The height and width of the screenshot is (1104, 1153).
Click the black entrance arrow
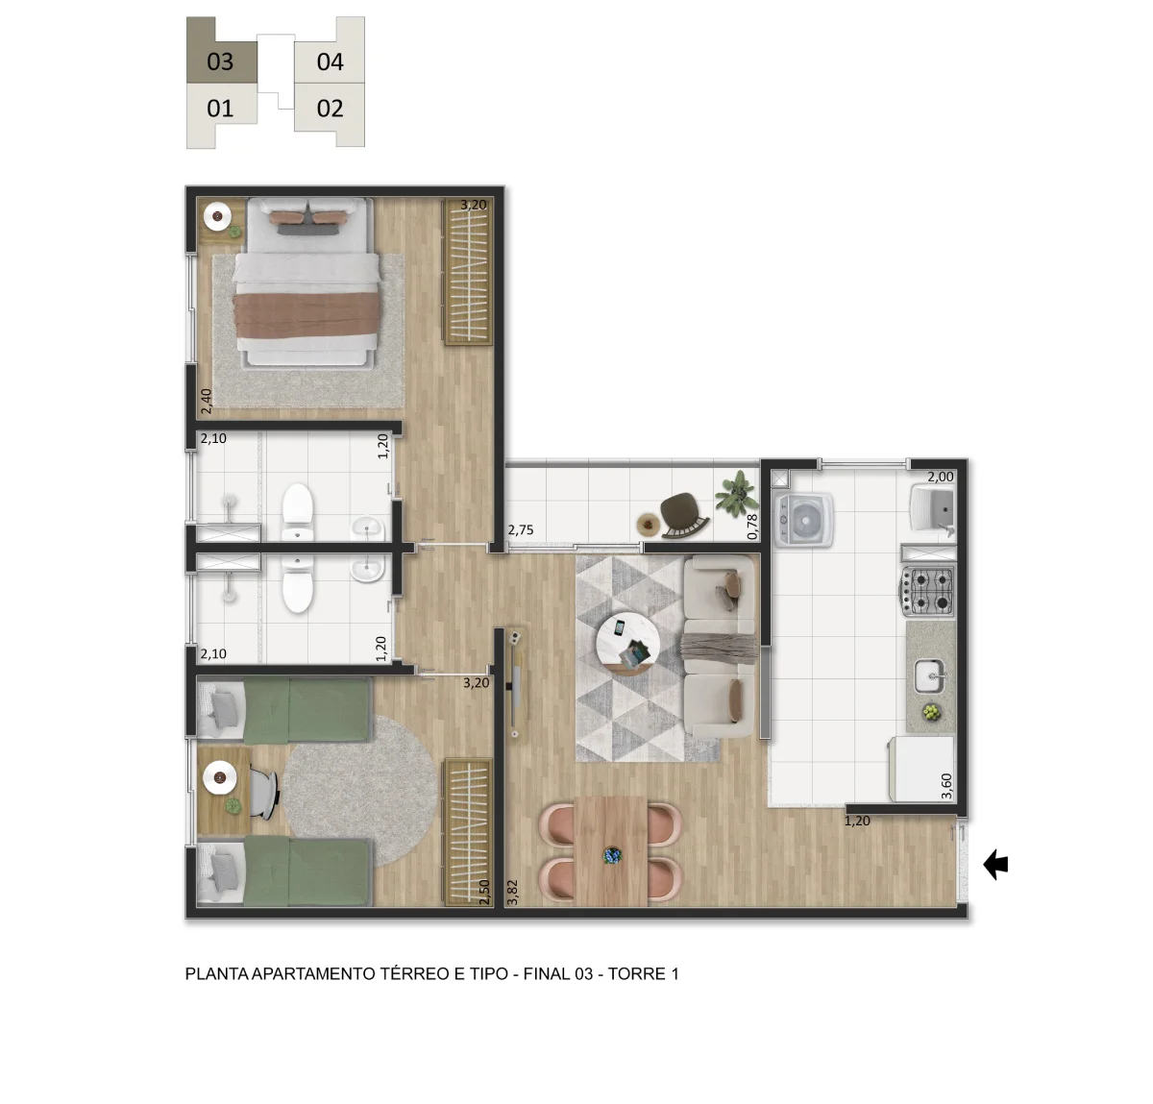click(x=996, y=865)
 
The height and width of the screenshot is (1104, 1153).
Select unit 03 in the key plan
click(x=221, y=61)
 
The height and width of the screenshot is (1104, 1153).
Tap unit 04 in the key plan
click(x=330, y=61)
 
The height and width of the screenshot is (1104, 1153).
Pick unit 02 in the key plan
click(x=330, y=109)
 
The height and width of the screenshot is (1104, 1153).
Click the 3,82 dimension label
click(x=513, y=892)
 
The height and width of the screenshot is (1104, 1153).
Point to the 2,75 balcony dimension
click(x=521, y=529)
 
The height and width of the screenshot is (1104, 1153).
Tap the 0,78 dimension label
click(x=752, y=527)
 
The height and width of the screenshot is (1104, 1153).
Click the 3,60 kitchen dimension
click(x=946, y=786)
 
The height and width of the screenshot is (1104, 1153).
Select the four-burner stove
click(x=928, y=591)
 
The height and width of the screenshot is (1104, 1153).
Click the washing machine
click(x=803, y=521)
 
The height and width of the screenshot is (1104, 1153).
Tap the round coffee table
click(x=626, y=644)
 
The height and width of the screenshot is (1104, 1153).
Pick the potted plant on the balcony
click(x=736, y=491)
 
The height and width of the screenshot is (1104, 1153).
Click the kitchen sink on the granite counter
click(x=930, y=676)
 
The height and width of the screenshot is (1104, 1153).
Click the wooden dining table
click(x=611, y=851)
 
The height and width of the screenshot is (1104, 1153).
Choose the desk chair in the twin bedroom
click(x=264, y=793)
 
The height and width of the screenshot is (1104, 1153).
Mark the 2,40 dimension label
click(x=207, y=402)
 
